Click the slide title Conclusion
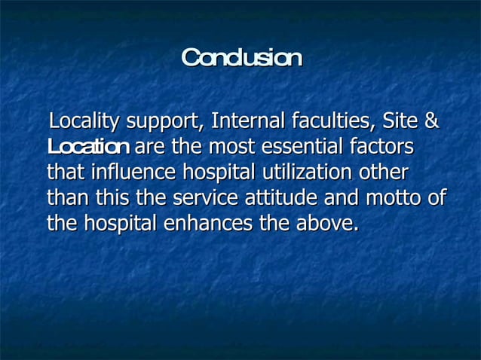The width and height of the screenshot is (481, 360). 241,58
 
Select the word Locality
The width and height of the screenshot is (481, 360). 84,121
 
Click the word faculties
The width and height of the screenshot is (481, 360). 332,121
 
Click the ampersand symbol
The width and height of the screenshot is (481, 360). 431,121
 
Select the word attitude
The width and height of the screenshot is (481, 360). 283,198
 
